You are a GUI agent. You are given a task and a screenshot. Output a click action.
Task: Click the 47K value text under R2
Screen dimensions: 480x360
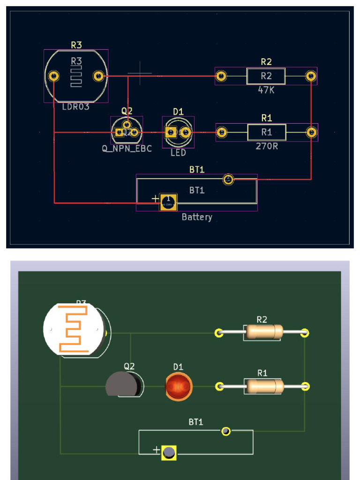point(266,90)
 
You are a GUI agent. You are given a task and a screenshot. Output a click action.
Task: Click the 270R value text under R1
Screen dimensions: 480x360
point(266,146)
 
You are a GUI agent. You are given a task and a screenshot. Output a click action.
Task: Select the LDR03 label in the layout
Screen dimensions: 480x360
point(75,107)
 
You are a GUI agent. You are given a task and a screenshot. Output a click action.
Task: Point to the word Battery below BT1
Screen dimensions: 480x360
point(197,217)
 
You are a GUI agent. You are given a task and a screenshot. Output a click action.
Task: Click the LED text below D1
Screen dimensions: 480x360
point(178,153)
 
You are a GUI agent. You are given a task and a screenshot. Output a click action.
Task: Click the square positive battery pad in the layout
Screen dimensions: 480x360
point(168,202)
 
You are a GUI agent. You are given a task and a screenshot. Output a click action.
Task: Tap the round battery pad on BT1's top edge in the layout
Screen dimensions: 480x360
point(228,179)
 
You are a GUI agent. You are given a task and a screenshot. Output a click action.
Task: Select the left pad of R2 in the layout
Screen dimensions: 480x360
point(221,75)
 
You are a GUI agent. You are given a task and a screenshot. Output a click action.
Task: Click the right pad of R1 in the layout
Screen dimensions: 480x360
point(312,132)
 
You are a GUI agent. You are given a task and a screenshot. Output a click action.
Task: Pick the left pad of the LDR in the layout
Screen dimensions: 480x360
point(54,76)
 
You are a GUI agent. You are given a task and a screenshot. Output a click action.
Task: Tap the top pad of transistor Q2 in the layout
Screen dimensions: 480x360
point(127,124)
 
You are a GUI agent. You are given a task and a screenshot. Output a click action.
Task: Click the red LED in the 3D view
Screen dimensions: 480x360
point(178,387)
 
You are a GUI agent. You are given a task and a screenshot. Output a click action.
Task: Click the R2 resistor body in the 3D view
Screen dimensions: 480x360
point(263,332)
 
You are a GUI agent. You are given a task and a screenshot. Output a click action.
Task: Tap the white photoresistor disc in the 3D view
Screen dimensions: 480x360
point(73,328)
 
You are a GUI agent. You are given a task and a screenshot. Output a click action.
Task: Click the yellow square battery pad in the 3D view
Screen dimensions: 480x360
point(169,453)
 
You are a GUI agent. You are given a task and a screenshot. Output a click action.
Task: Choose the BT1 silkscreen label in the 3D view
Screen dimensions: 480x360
point(196,422)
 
